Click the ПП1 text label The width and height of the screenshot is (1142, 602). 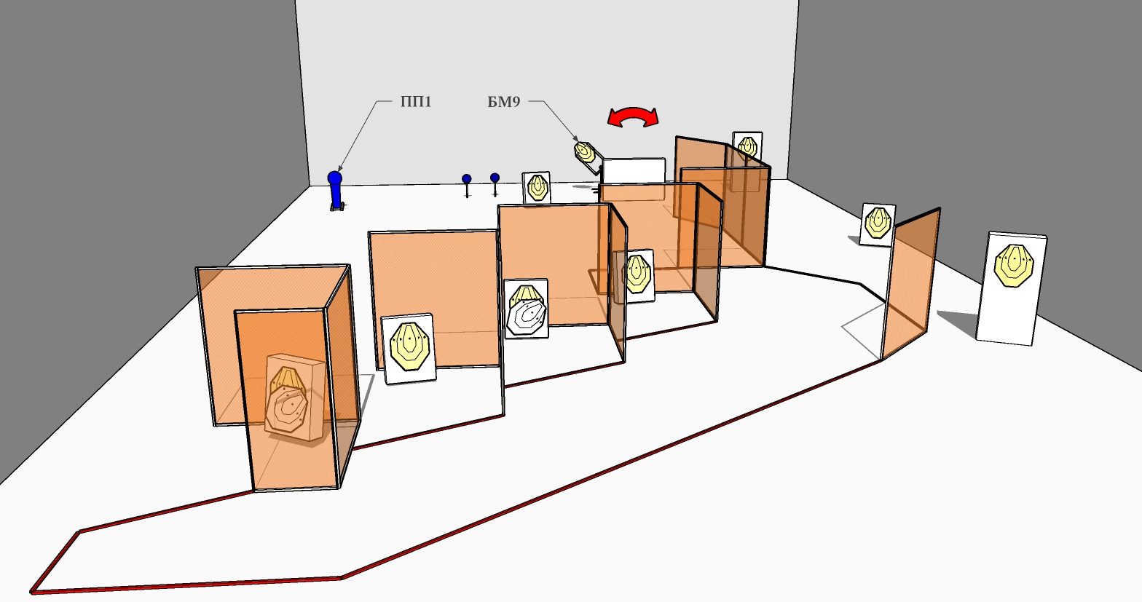[416, 102]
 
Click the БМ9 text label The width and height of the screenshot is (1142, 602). [503, 102]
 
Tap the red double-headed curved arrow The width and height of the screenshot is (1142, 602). [633, 116]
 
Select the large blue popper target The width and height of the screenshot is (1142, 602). [335, 191]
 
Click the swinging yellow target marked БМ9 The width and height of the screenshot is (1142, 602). [585, 152]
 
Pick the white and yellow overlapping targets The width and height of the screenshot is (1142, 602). [527, 309]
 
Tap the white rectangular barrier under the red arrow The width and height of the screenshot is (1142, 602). [633, 170]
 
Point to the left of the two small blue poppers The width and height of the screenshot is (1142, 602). [467, 183]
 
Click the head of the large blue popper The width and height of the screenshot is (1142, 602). [335, 177]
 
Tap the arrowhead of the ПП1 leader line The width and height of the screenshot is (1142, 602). [339, 170]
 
